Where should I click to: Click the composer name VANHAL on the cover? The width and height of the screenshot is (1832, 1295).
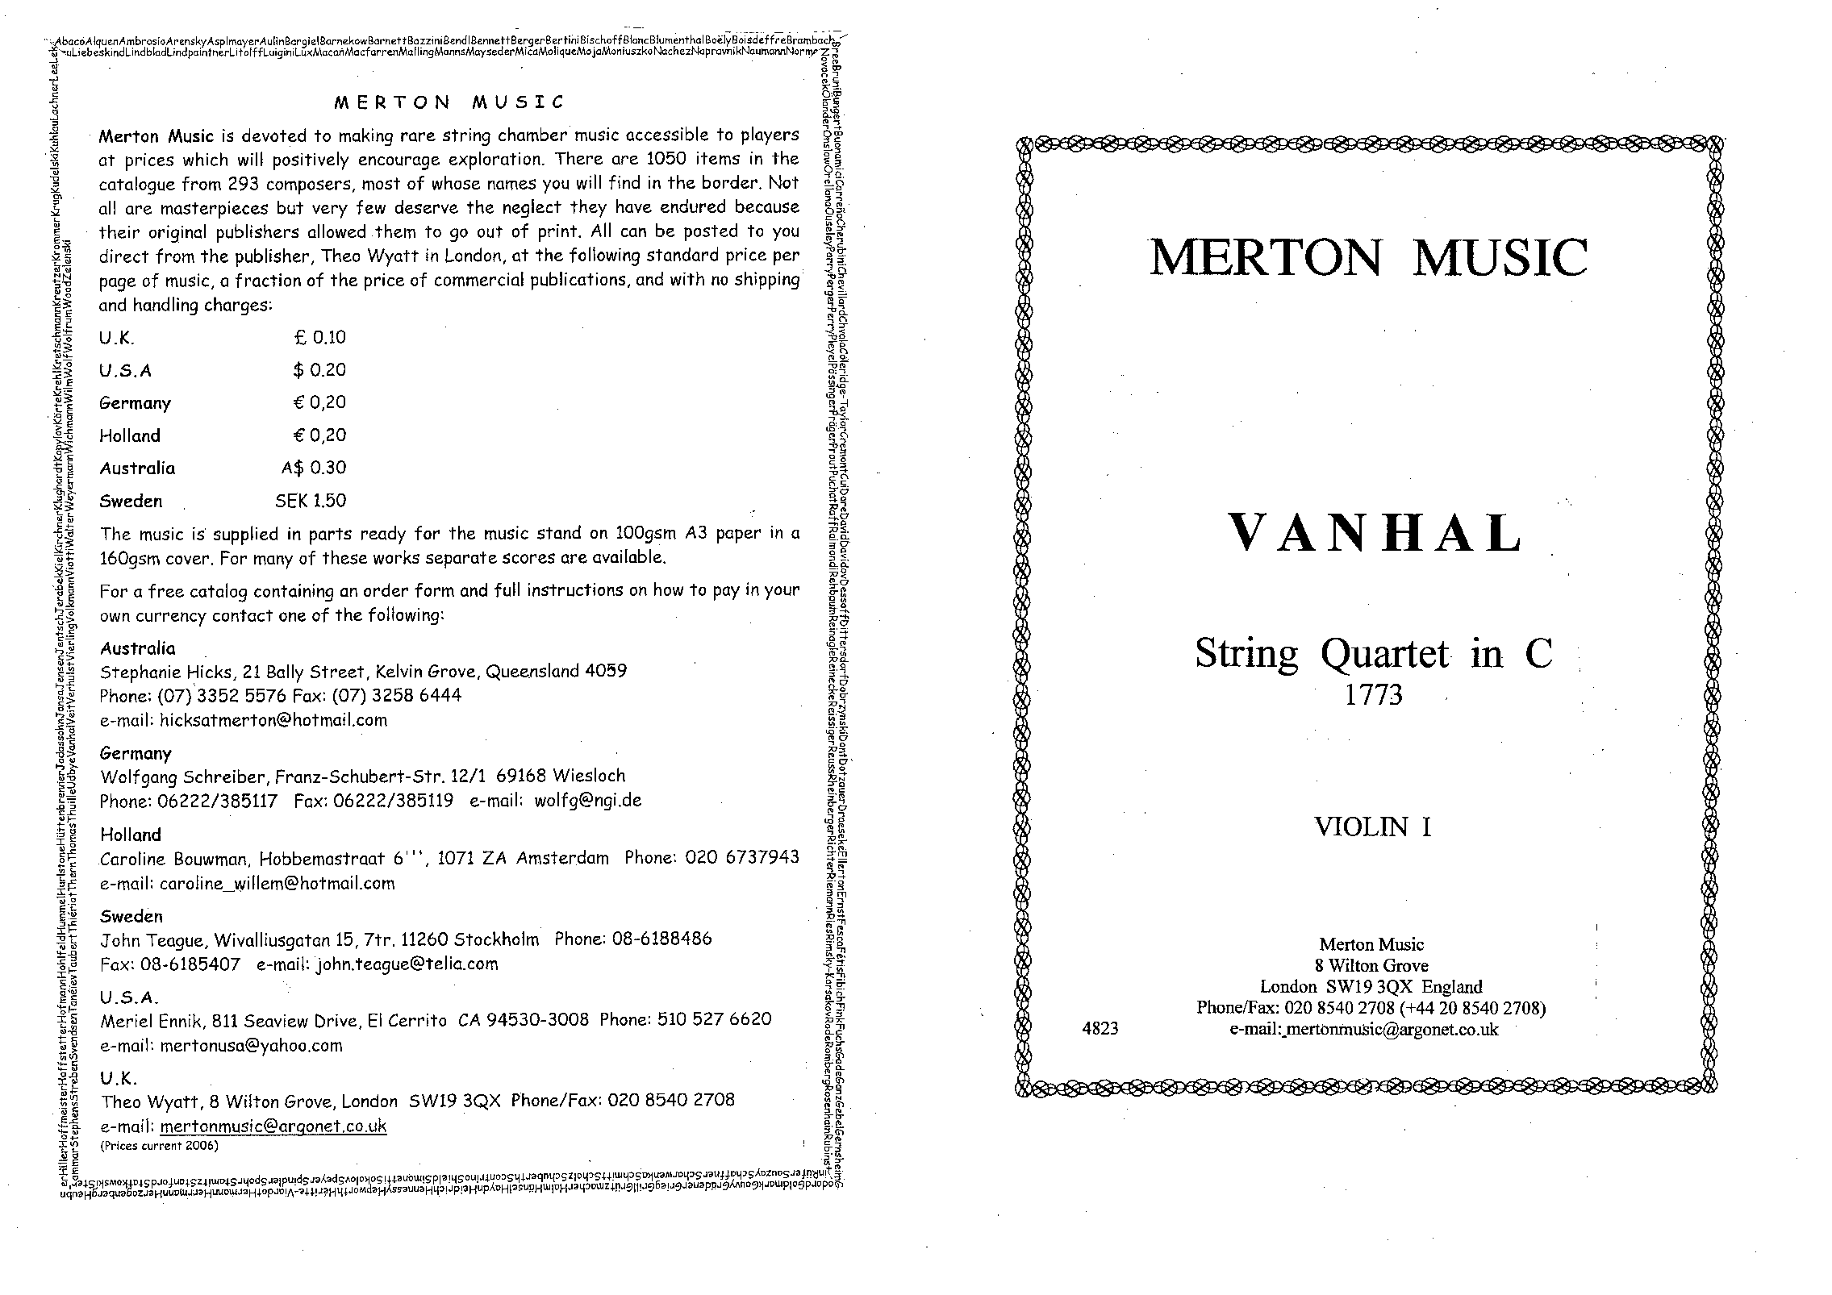click(x=1374, y=533)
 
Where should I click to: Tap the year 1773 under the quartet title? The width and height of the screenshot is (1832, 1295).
click(x=1373, y=694)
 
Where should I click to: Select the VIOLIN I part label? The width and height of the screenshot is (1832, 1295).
click(x=1373, y=827)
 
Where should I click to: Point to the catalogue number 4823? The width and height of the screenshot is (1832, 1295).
click(x=1100, y=1028)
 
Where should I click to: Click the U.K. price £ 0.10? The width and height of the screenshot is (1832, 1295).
click(x=319, y=337)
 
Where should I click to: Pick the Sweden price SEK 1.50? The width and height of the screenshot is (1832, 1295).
click(x=311, y=501)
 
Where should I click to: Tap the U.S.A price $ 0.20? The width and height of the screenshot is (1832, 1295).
click(x=319, y=370)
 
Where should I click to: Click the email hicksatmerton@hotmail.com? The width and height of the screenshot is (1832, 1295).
click(x=273, y=720)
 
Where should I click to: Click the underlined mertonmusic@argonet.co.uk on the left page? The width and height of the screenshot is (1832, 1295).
click(x=273, y=1126)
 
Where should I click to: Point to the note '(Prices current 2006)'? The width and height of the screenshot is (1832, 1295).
click(x=159, y=1145)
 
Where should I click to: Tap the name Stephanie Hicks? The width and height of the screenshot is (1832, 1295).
click(x=152, y=671)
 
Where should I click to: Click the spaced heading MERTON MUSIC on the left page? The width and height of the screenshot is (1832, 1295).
click(x=449, y=102)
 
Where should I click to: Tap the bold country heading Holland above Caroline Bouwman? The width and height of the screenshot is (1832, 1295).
click(x=130, y=835)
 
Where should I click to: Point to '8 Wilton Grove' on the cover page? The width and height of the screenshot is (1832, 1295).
click(x=1371, y=965)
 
